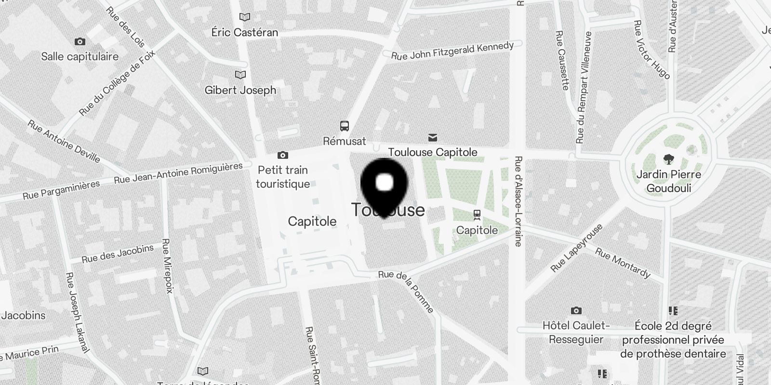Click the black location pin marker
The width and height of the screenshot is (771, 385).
point(384,185)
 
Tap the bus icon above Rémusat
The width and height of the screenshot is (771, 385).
point(344,126)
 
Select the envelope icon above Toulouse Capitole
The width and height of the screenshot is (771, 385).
point(433,138)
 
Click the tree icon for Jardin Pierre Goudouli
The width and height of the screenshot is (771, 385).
point(668,159)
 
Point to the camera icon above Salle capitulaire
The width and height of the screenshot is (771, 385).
point(80,42)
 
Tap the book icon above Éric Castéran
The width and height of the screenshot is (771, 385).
point(245,17)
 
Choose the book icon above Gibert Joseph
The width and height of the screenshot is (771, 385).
point(240,75)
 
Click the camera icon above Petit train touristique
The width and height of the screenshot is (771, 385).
point(283,155)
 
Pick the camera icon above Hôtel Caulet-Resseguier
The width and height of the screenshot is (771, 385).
point(576,310)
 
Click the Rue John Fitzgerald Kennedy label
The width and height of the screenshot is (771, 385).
point(452,51)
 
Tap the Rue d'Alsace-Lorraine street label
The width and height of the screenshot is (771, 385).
point(518,201)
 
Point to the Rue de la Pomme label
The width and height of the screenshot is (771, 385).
point(406,291)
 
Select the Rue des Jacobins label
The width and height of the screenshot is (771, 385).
point(118,254)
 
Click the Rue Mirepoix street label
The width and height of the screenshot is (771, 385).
point(167,266)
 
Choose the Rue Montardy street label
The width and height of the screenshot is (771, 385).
point(623,263)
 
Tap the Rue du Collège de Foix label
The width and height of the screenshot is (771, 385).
point(117,83)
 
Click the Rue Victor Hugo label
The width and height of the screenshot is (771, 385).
point(651,50)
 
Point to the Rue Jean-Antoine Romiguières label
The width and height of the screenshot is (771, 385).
point(178,173)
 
